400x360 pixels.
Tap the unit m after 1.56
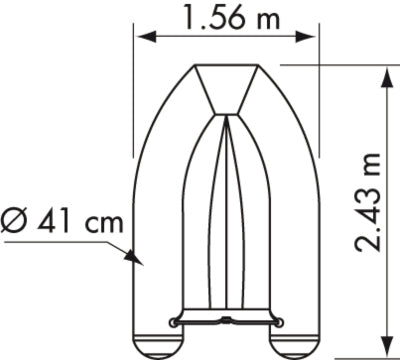pyautogui.click(x=262, y=18)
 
